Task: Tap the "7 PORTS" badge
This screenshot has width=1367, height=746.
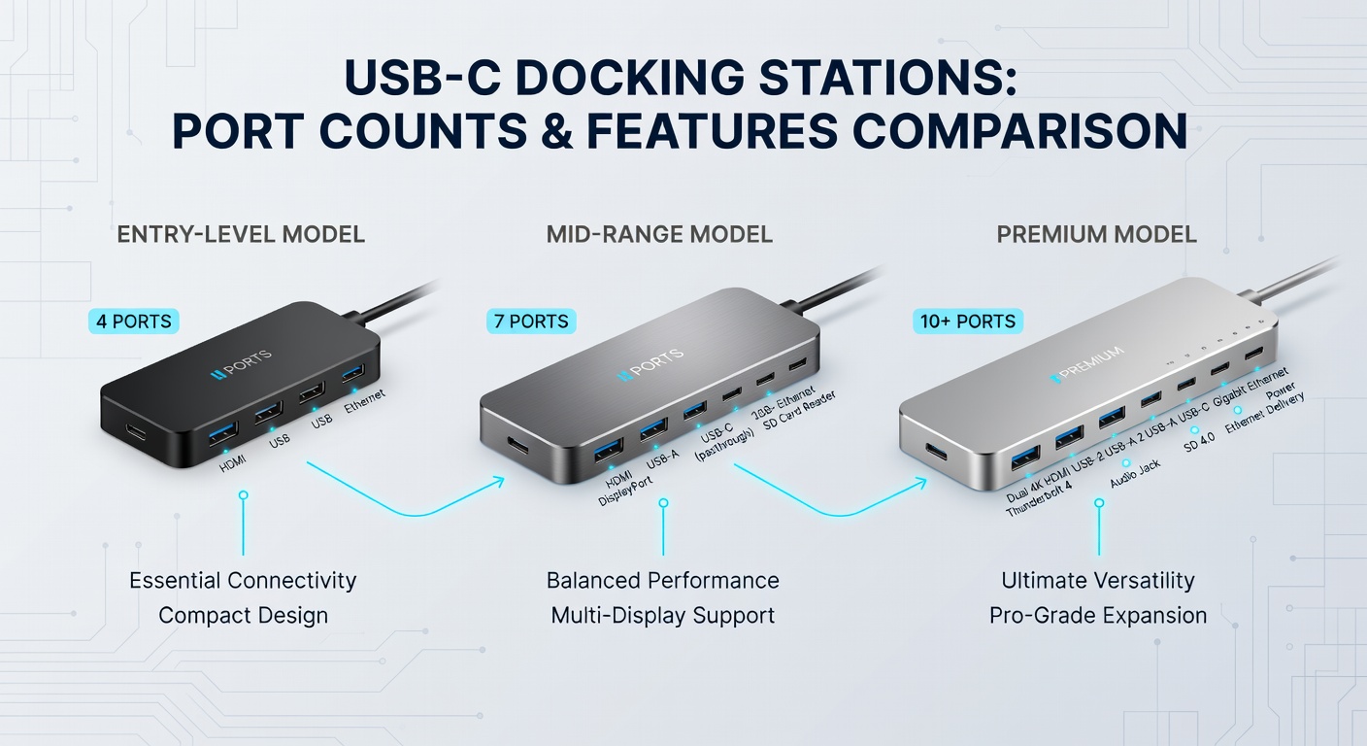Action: pos(531,321)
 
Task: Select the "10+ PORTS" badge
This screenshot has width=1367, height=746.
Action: pos(967,321)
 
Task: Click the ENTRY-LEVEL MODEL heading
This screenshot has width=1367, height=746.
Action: pos(241,234)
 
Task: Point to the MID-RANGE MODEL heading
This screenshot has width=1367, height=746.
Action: pos(659,234)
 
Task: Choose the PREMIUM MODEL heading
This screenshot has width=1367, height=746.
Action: pos(1096,234)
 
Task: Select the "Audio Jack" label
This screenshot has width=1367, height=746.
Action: pos(1135,474)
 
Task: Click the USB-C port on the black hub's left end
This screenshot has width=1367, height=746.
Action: pos(134,428)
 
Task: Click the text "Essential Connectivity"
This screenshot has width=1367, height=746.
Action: pos(243,581)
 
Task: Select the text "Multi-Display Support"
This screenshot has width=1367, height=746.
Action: pos(662,616)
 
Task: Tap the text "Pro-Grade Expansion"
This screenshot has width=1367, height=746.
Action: pos(1098,616)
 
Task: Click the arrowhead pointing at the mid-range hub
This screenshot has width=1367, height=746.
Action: pos(498,479)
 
